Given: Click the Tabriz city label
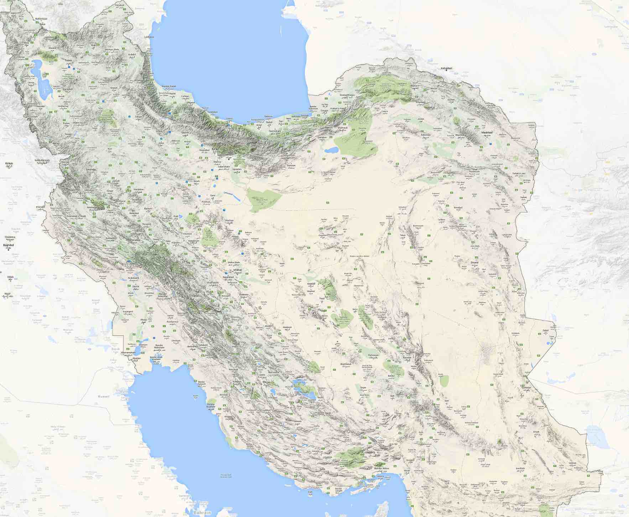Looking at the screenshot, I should (68, 61).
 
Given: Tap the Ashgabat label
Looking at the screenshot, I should (446, 68).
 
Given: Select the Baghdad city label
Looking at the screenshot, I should (8, 245).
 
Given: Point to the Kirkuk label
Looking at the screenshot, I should (9, 163).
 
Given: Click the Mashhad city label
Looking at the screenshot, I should (487, 132).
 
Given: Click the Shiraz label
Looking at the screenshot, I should (266, 382).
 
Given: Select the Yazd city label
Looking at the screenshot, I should (322, 298).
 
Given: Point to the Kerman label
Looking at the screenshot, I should (407, 357).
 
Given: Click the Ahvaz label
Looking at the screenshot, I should (144, 320).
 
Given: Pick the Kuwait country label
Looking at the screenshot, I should (104, 396).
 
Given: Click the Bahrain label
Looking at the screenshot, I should (202, 512).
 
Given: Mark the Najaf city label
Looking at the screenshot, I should (8, 294).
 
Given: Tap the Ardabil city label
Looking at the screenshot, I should (132, 55).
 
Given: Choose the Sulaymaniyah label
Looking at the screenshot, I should (42, 161).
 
